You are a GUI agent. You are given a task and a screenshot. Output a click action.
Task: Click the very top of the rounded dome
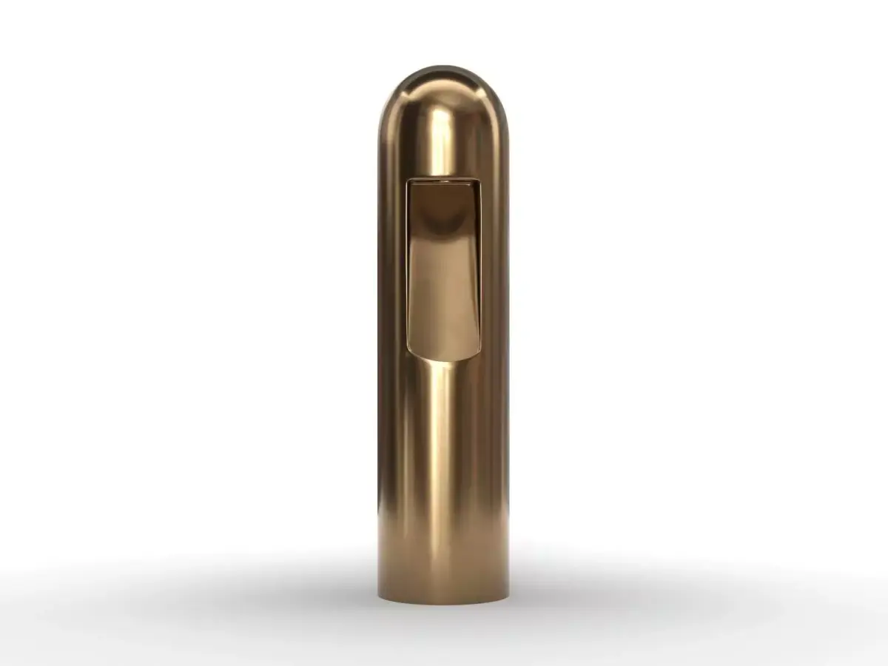pyautogui.click(x=443, y=67)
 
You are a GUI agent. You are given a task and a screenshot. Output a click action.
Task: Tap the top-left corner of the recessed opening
pyautogui.click(x=408, y=180)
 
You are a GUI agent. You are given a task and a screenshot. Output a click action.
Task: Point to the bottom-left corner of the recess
pyautogui.click(x=409, y=349)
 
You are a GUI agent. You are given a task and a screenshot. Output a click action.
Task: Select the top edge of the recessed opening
pyautogui.click(x=443, y=178)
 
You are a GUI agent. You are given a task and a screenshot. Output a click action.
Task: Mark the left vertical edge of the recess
pyautogui.click(x=407, y=266)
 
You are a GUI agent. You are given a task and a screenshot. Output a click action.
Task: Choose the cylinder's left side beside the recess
pyautogui.click(x=392, y=266)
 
